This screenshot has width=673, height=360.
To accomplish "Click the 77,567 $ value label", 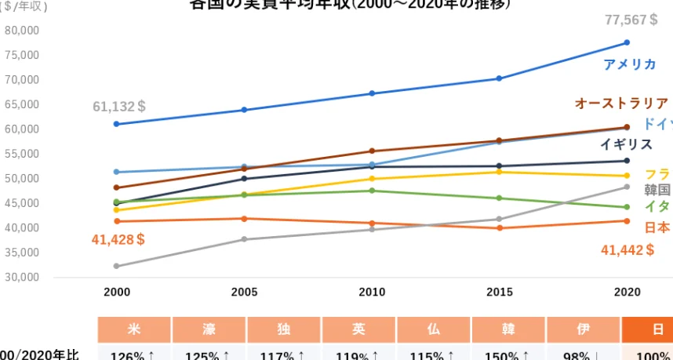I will pyautogui.click(x=631, y=20).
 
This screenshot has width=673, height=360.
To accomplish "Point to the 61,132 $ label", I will pyautogui.click(x=118, y=107).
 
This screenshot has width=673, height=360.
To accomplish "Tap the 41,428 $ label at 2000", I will pyautogui.click(x=118, y=239).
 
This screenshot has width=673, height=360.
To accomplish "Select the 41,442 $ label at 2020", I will pyautogui.click(x=627, y=250).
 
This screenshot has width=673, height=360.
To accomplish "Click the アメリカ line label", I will pyautogui.click(x=629, y=64).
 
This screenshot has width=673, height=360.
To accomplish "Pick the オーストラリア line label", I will pyautogui.click(x=621, y=104).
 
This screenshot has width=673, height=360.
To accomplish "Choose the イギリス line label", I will pyautogui.click(x=626, y=144).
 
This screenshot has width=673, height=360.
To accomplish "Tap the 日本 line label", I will pyautogui.click(x=657, y=227).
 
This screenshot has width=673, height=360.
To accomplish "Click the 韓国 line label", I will pyautogui.click(x=657, y=190).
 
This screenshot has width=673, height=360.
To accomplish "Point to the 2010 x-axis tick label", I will pyautogui.click(x=372, y=293).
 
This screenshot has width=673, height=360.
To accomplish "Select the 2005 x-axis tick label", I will pyautogui.click(x=244, y=293).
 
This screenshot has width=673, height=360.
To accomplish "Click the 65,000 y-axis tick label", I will pyautogui.click(x=22, y=104).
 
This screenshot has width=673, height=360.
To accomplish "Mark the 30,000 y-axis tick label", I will pyautogui.click(x=22, y=278).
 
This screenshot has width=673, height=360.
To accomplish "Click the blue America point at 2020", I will pyautogui.click(x=627, y=42).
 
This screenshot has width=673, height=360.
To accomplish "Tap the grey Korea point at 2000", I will pyautogui.click(x=116, y=266).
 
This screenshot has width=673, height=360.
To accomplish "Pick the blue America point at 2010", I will pyautogui.click(x=372, y=93).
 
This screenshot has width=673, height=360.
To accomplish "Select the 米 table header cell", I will pyautogui.click(x=133, y=330).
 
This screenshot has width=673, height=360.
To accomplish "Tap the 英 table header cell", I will pyautogui.click(x=358, y=330).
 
